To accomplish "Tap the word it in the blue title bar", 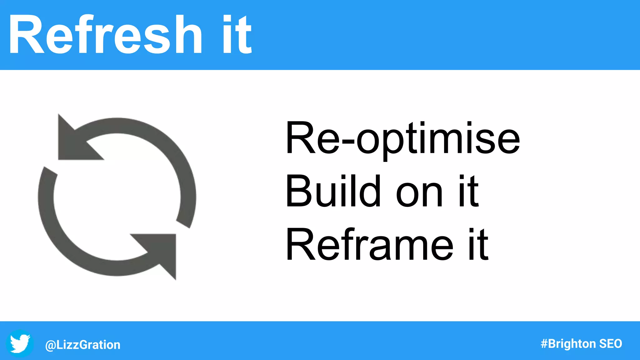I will coord(237,35).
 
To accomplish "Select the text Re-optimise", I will coord(402,138).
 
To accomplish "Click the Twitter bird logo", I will coord(20,344).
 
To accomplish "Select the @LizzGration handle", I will coord(83,345).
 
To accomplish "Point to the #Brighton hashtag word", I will coord(568,344).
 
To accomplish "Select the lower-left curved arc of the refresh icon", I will coord(59,231).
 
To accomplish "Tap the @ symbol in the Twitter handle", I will coord(50,345).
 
